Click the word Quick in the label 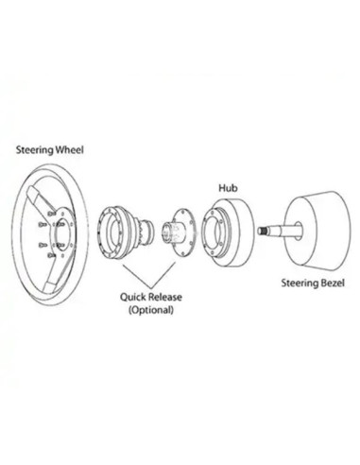coord(133,296)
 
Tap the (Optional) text coord(150,309)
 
